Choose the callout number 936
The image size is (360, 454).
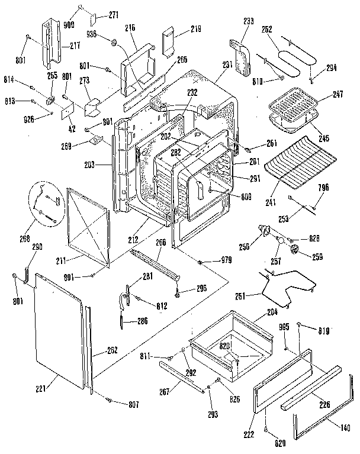click(x=91, y=34)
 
